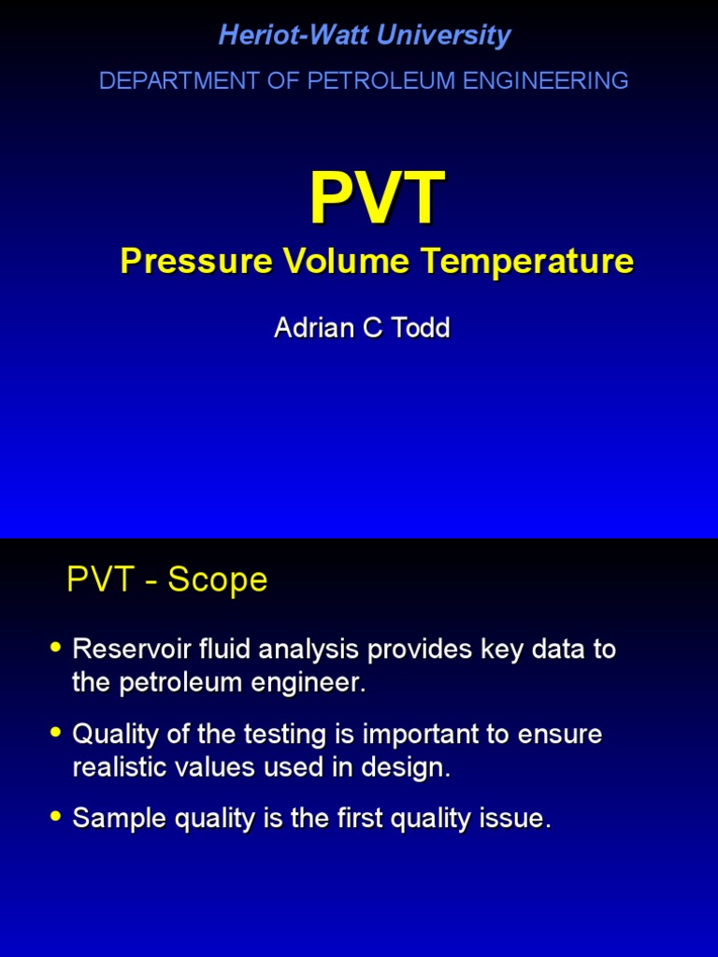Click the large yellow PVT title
pyautogui.click(x=377, y=198)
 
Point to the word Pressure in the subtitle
pyautogui.click(x=181, y=263)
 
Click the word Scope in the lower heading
pyautogui.click(x=217, y=580)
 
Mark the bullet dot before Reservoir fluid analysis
pyautogui.click(x=56, y=647)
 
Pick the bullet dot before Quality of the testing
pyautogui.click(x=56, y=732)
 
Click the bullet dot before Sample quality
pyautogui.click(x=56, y=816)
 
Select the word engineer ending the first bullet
pyautogui.click(x=315, y=684)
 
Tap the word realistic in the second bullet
pyautogui.click(x=114, y=768)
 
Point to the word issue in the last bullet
pyautogui.click(x=517, y=820)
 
